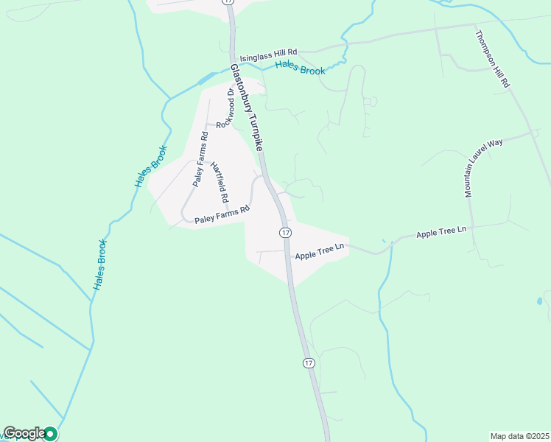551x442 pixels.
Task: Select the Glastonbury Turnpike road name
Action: pos(247,107)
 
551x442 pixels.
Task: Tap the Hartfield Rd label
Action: pos(219,183)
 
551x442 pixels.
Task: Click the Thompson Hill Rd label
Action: pos(492,60)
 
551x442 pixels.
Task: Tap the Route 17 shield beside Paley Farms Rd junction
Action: pos(285,233)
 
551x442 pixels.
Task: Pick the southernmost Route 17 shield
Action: pos(308,363)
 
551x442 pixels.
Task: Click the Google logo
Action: pos(24,433)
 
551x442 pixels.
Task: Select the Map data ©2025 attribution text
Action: pos(519,436)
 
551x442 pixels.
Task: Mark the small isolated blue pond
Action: pos(540,301)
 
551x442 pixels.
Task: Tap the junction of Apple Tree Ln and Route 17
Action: pos(287,250)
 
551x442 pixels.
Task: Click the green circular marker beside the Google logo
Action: pos(51,434)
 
